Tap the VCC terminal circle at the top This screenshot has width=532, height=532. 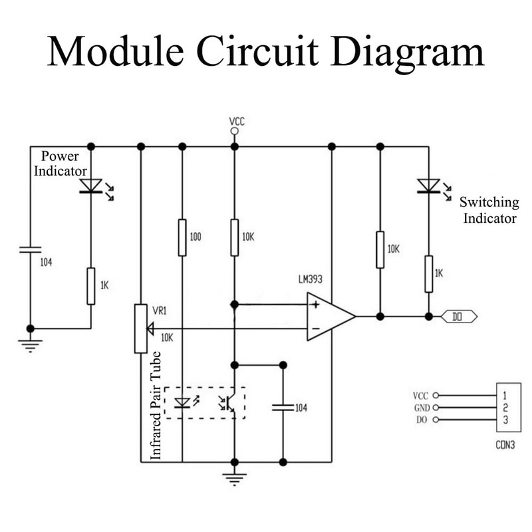[x=234, y=132]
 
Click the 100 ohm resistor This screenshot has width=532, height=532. [x=182, y=237]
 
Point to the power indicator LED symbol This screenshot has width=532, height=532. [x=90, y=186]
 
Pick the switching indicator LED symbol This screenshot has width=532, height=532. [x=428, y=186]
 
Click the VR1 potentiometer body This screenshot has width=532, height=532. [x=140, y=329]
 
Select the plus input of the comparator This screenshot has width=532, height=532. [x=315, y=305]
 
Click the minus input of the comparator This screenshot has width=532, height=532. [x=315, y=329]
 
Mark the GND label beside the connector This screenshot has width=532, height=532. [x=422, y=408]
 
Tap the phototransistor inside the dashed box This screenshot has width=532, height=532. [x=229, y=402]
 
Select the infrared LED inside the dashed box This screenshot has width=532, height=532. [x=182, y=402]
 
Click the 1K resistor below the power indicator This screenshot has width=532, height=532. [x=91, y=286]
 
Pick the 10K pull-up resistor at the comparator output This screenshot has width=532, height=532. [x=380, y=249]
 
